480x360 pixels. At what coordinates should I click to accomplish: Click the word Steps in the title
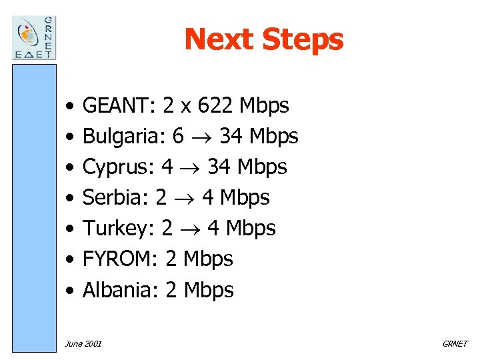coord(303,39)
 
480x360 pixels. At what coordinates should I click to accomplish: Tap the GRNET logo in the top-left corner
coord(35,37)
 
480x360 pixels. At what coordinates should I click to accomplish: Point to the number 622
coord(213,105)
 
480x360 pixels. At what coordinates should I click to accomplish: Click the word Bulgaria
coord(123,136)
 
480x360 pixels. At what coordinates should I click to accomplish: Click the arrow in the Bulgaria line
coord(201,137)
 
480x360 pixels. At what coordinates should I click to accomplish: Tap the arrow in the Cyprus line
coord(190,168)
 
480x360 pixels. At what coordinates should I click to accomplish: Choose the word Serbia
coord(115,197)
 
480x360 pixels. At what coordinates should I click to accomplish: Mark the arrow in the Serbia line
coord(184,199)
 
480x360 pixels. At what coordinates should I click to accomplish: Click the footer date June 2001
coord(83,344)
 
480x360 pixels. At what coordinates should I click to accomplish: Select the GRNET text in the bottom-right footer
coord(455,344)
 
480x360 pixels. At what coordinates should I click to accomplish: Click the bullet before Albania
coord(69,291)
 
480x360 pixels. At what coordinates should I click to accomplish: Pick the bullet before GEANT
coord(69,106)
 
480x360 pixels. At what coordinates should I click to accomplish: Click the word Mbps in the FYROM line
coord(208,259)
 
